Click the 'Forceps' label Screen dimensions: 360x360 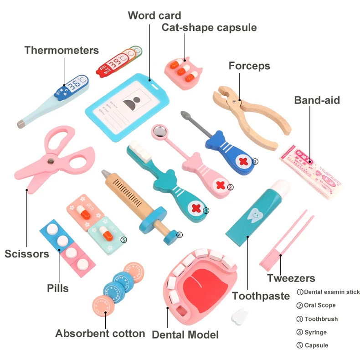click(249, 66)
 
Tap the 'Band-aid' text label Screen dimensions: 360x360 click(317, 100)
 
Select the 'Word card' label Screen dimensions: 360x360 click(154, 15)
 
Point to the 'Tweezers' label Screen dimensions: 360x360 click(291, 278)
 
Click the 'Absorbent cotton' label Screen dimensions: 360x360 click(100, 334)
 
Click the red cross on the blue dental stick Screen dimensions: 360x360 click(243, 162)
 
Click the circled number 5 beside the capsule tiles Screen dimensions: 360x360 click(123, 239)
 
